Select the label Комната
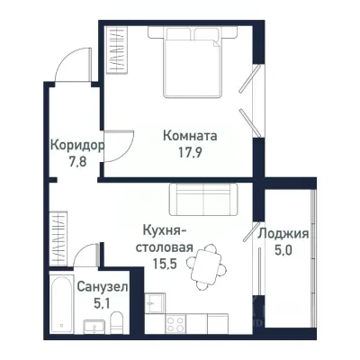[x=190, y=136]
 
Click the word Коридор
[x=76, y=145]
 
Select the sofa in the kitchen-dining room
[x=202, y=196]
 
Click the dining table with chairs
[x=210, y=262]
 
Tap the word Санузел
[x=103, y=285]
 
